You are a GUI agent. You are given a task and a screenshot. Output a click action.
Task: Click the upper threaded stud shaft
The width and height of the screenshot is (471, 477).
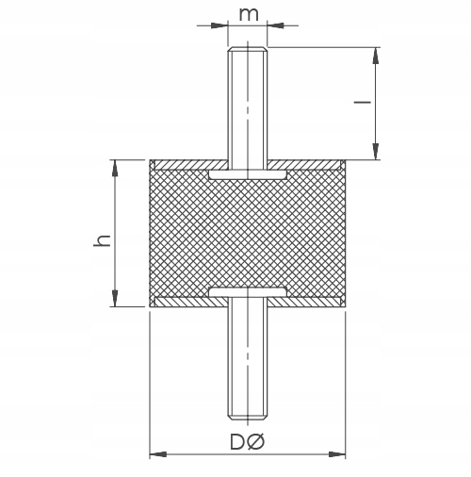tap(248, 104)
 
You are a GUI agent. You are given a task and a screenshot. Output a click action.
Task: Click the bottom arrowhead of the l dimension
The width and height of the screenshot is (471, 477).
tap(376, 152)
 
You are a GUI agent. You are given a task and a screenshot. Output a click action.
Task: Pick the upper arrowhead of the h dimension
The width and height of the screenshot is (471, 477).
tap(116, 167)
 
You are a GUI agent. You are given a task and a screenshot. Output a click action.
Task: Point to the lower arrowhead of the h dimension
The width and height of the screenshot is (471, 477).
tap(116, 300)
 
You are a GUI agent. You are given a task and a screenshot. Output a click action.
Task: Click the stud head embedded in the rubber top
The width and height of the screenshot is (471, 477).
tap(248, 175)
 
